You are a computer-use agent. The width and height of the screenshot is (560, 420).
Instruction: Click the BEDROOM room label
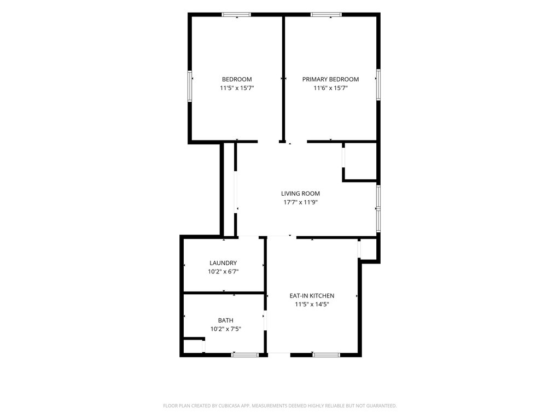[x=237, y=79]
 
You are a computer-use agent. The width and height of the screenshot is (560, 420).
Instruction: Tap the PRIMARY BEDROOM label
[x=330, y=79]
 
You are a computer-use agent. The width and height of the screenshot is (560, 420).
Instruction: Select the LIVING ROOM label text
[x=300, y=194]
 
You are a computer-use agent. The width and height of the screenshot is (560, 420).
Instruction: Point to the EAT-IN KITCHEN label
[x=312, y=296]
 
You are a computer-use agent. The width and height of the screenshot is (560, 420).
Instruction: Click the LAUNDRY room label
[x=223, y=263]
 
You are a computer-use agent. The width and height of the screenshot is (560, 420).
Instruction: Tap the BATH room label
[x=226, y=320]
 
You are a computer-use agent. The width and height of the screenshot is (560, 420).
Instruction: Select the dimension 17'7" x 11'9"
[x=300, y=202]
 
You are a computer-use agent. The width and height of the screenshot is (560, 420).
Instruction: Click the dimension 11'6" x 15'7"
[x=330, y=88]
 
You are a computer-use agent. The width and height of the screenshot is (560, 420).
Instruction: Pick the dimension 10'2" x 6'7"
[x=223, y=271]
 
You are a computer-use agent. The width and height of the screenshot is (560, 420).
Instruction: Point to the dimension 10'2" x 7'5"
[x=226, y=329]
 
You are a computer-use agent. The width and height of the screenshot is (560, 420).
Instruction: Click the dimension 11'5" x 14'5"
[x=312, y=304]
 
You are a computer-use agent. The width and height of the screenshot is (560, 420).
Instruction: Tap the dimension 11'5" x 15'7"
[x=237, y=88]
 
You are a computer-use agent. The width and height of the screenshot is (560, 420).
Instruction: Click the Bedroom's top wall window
[x=236, y=15]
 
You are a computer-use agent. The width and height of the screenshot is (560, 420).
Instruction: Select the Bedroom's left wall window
[x=190, y=86]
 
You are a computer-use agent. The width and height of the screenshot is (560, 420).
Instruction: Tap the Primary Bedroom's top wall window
[x=326, y=15]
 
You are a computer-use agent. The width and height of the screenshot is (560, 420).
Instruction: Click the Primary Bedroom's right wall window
[x=378, y=85]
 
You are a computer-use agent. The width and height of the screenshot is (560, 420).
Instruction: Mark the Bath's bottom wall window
[x=244, y=354]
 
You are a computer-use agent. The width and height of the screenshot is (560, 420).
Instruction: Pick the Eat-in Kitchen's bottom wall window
[x=326, y=354]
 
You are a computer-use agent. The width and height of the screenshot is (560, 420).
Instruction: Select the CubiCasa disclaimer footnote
[x=279, y=406]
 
